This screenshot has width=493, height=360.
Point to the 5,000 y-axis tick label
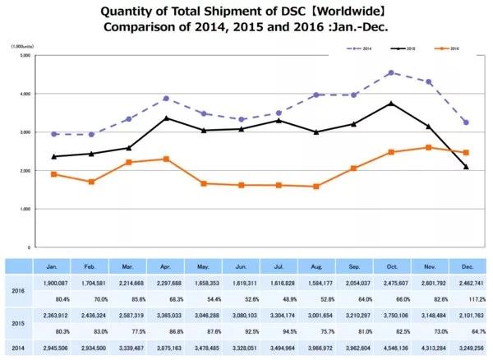click(x=25, y=55)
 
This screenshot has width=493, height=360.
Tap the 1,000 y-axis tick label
click(x=25, y=209)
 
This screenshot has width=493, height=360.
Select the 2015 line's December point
click(x=467, y=167)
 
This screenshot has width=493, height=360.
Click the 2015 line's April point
click(x=167, y=118)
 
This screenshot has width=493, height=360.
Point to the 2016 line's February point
click(x=92, y=182)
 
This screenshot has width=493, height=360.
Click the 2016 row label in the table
click(x=16, y=290)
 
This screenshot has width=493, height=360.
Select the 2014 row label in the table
click(x=16, y=349)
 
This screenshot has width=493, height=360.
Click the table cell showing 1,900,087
click(x=53, y=281)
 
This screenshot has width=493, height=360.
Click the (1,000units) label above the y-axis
click(x=23, y=47)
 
